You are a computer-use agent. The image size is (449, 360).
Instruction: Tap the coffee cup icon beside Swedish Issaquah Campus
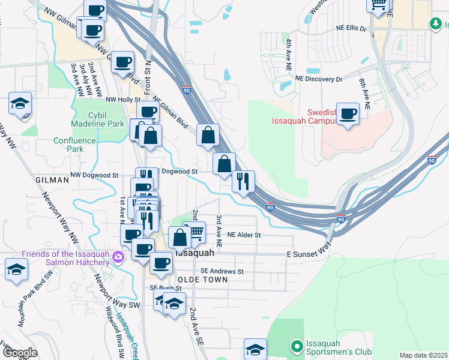348,113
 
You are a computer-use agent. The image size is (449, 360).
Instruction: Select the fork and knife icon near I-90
243,181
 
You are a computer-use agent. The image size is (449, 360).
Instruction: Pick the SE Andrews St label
222,271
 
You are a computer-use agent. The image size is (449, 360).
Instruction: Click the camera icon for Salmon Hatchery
118,257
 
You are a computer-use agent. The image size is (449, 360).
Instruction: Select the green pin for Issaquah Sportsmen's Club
295,346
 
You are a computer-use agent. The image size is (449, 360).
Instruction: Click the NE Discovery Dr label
318,79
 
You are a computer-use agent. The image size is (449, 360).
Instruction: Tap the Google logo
19,353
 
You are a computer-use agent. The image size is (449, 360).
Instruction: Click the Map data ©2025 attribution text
423,355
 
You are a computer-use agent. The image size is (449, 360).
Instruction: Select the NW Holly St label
122,100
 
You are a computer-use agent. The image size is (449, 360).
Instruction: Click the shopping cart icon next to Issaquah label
194,232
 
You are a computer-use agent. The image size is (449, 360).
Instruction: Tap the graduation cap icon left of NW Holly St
20,103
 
